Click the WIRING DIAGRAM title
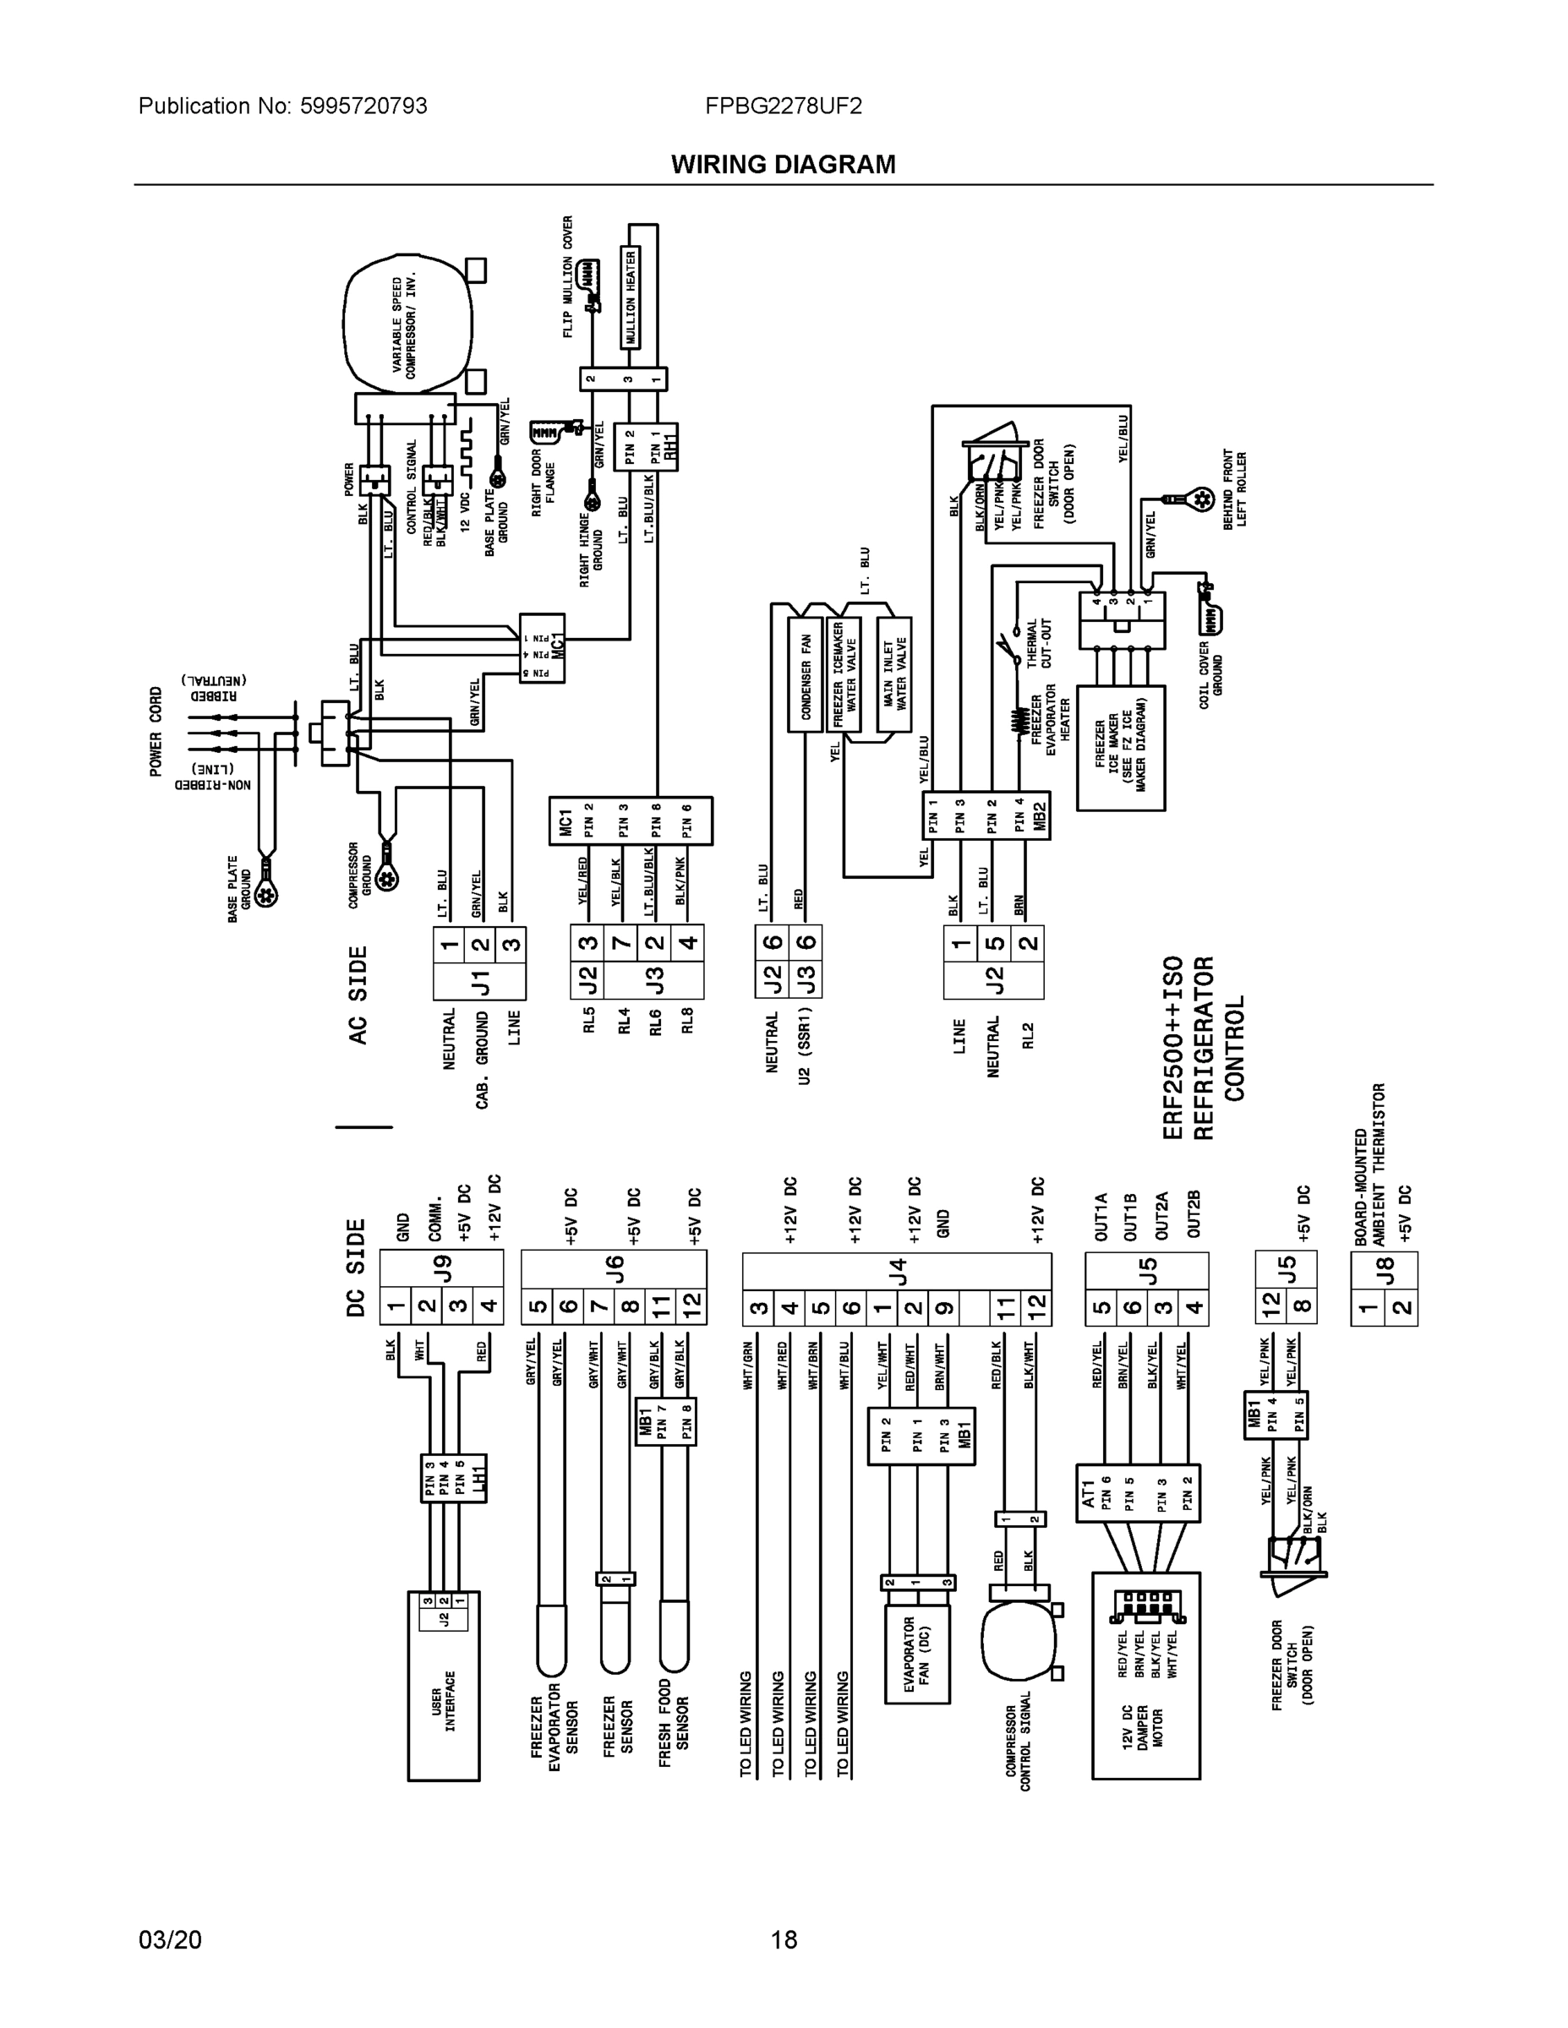coord(783,165)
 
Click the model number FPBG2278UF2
coord(783,106)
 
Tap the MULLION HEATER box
coord(631,297)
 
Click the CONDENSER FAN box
coord(806,675)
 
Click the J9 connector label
coord(442,1268)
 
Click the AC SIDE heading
coord(358,995)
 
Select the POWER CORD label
coord(156,731)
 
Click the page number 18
coord(783,1940)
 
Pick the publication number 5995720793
coord(363,106)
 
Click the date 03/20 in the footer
coord(169,1940)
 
